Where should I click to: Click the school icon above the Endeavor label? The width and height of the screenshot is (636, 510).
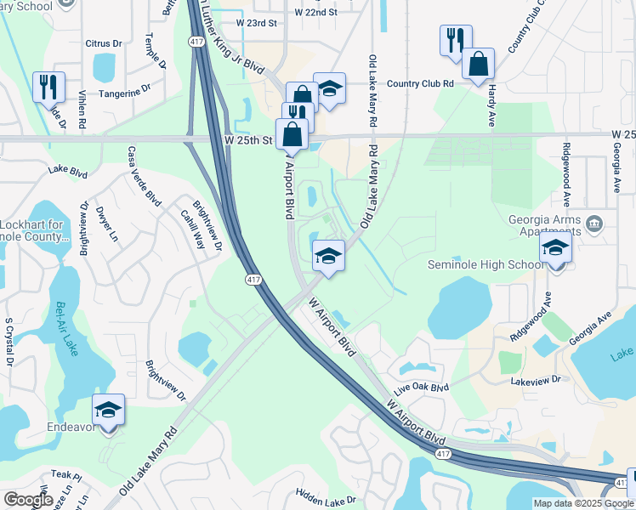[x=109, y=411]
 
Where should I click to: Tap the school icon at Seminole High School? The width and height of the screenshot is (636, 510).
[x=556, y=249]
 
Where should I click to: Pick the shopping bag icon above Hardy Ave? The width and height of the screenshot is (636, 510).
[x=479, y=64]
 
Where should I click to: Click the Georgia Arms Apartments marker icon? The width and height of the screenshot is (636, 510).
[x=594, y=224]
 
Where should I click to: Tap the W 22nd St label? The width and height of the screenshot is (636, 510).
[x=315, y=12]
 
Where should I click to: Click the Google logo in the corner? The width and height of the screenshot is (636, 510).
[x=28, y=500]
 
